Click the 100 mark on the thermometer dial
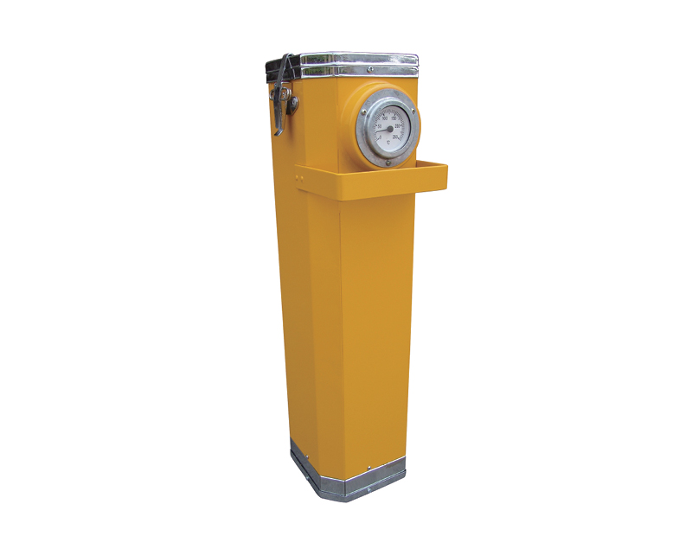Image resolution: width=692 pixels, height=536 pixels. tap(384, 118)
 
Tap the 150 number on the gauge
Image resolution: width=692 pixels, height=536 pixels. tap(394, 118)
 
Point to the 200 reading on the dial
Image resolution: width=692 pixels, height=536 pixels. tap(398, 127)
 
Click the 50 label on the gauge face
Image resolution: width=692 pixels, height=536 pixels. tap(380, 127)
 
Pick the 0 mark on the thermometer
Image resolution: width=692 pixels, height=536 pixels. tap(381, 136)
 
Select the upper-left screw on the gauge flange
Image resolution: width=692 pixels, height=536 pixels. tap(364, 111)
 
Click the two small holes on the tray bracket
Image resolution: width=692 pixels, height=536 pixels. tap(300, 177)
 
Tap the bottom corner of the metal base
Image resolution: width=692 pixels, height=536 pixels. tap(346, 501)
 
